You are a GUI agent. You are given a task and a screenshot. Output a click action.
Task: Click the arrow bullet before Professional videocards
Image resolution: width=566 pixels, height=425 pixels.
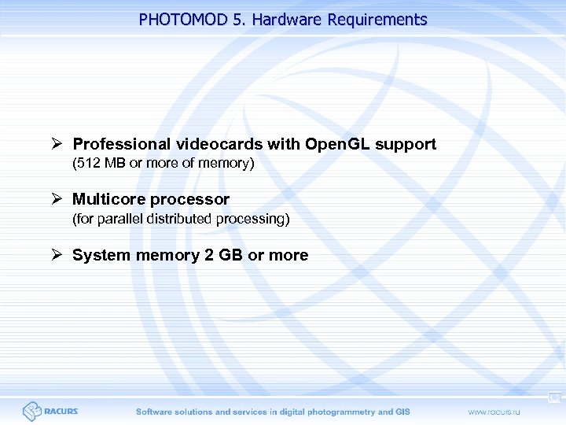pos(57,144)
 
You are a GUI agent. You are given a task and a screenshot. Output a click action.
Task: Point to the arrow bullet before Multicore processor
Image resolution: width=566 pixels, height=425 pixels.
pos(57,199)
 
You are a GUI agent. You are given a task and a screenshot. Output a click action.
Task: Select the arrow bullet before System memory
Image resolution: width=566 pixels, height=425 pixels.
pos(57,255)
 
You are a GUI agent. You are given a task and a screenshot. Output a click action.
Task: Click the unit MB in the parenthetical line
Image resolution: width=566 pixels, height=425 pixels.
pos(115,164)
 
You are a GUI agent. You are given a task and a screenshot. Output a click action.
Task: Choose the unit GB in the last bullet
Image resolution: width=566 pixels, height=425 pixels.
pos(229,255)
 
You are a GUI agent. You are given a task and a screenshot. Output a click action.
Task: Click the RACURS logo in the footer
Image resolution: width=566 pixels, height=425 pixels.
pos(50,411)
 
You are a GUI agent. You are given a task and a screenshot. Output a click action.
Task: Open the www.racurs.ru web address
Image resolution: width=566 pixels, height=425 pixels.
pos(499,412)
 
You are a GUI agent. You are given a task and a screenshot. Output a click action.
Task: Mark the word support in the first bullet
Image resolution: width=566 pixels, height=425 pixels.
pos(406,144)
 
